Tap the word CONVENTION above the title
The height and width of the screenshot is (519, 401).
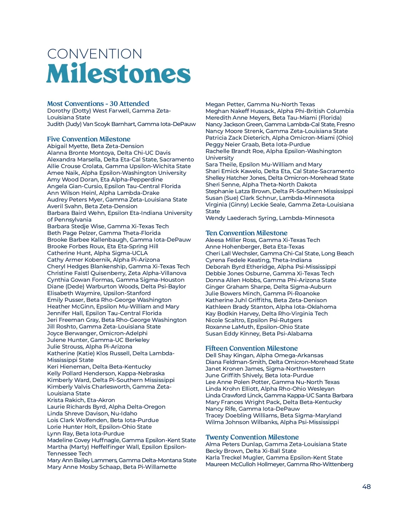click(x=95, y=54)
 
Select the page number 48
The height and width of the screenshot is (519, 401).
click(x=366, y=487)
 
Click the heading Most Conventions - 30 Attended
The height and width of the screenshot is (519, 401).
click(x=98, y=104)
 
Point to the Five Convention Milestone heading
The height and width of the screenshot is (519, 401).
click(x=89, y=139)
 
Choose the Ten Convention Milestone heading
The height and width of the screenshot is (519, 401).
click(x=246, y=233)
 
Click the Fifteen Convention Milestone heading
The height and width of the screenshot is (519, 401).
click(x=251, y=348)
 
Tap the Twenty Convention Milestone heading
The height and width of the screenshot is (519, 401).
click(x=252, y=437)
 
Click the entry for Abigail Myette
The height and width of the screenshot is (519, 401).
click(x=95, y=146)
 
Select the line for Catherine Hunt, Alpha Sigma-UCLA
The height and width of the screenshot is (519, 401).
click(x=97, y=253)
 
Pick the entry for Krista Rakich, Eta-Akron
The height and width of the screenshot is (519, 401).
click(x=81, y=400)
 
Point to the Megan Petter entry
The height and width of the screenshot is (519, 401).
click(x=260, y=104)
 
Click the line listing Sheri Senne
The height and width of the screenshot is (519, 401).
click(x=261, y=184)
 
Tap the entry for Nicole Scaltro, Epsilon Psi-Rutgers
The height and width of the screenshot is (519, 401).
click(x=254, y=320)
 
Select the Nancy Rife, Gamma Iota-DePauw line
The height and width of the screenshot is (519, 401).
click(x=252, y=409)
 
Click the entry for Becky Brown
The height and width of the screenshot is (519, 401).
click(x=251, y=451)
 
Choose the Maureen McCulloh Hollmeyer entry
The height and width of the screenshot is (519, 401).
click(x=279, y=464)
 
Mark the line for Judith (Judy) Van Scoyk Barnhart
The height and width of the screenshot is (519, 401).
click(x=121, y=124)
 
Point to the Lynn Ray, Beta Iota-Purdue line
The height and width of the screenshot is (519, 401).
click(x=86, y=433)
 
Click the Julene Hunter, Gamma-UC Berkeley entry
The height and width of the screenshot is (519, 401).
click(x=98, y=340)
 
